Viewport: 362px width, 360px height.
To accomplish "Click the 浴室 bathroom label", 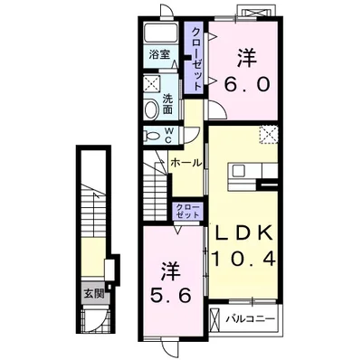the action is tap(159, 54).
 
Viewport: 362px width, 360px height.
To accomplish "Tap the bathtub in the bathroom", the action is tap(160, 33).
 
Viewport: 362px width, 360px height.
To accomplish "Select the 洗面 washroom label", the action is tap(167, 104).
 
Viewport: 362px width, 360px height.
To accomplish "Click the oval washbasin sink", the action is tap(151, 109).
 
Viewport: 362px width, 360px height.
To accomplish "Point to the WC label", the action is tap(169, 136).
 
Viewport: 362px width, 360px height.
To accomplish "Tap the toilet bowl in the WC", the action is tap(152, 136).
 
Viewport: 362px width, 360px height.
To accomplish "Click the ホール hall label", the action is tap(186, 163).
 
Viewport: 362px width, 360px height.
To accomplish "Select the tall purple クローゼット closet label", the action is tap(196, 59).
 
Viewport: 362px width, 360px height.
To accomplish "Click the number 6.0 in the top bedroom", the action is tap(247, 84).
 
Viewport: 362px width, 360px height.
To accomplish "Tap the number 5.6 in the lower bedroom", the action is tap(171, 295).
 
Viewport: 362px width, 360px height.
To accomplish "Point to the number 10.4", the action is tap(243, 258).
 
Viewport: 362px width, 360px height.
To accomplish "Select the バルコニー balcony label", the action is tap(251, 318).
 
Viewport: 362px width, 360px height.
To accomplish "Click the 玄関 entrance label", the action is tap(94, 293).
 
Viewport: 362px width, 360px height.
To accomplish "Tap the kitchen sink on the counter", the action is tap(238, 171).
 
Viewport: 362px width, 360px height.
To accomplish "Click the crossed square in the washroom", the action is tap(153, 83).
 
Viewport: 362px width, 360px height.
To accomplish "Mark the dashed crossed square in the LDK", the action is tap(268, 135).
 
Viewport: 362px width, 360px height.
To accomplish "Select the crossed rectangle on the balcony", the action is tap(215, 319).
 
